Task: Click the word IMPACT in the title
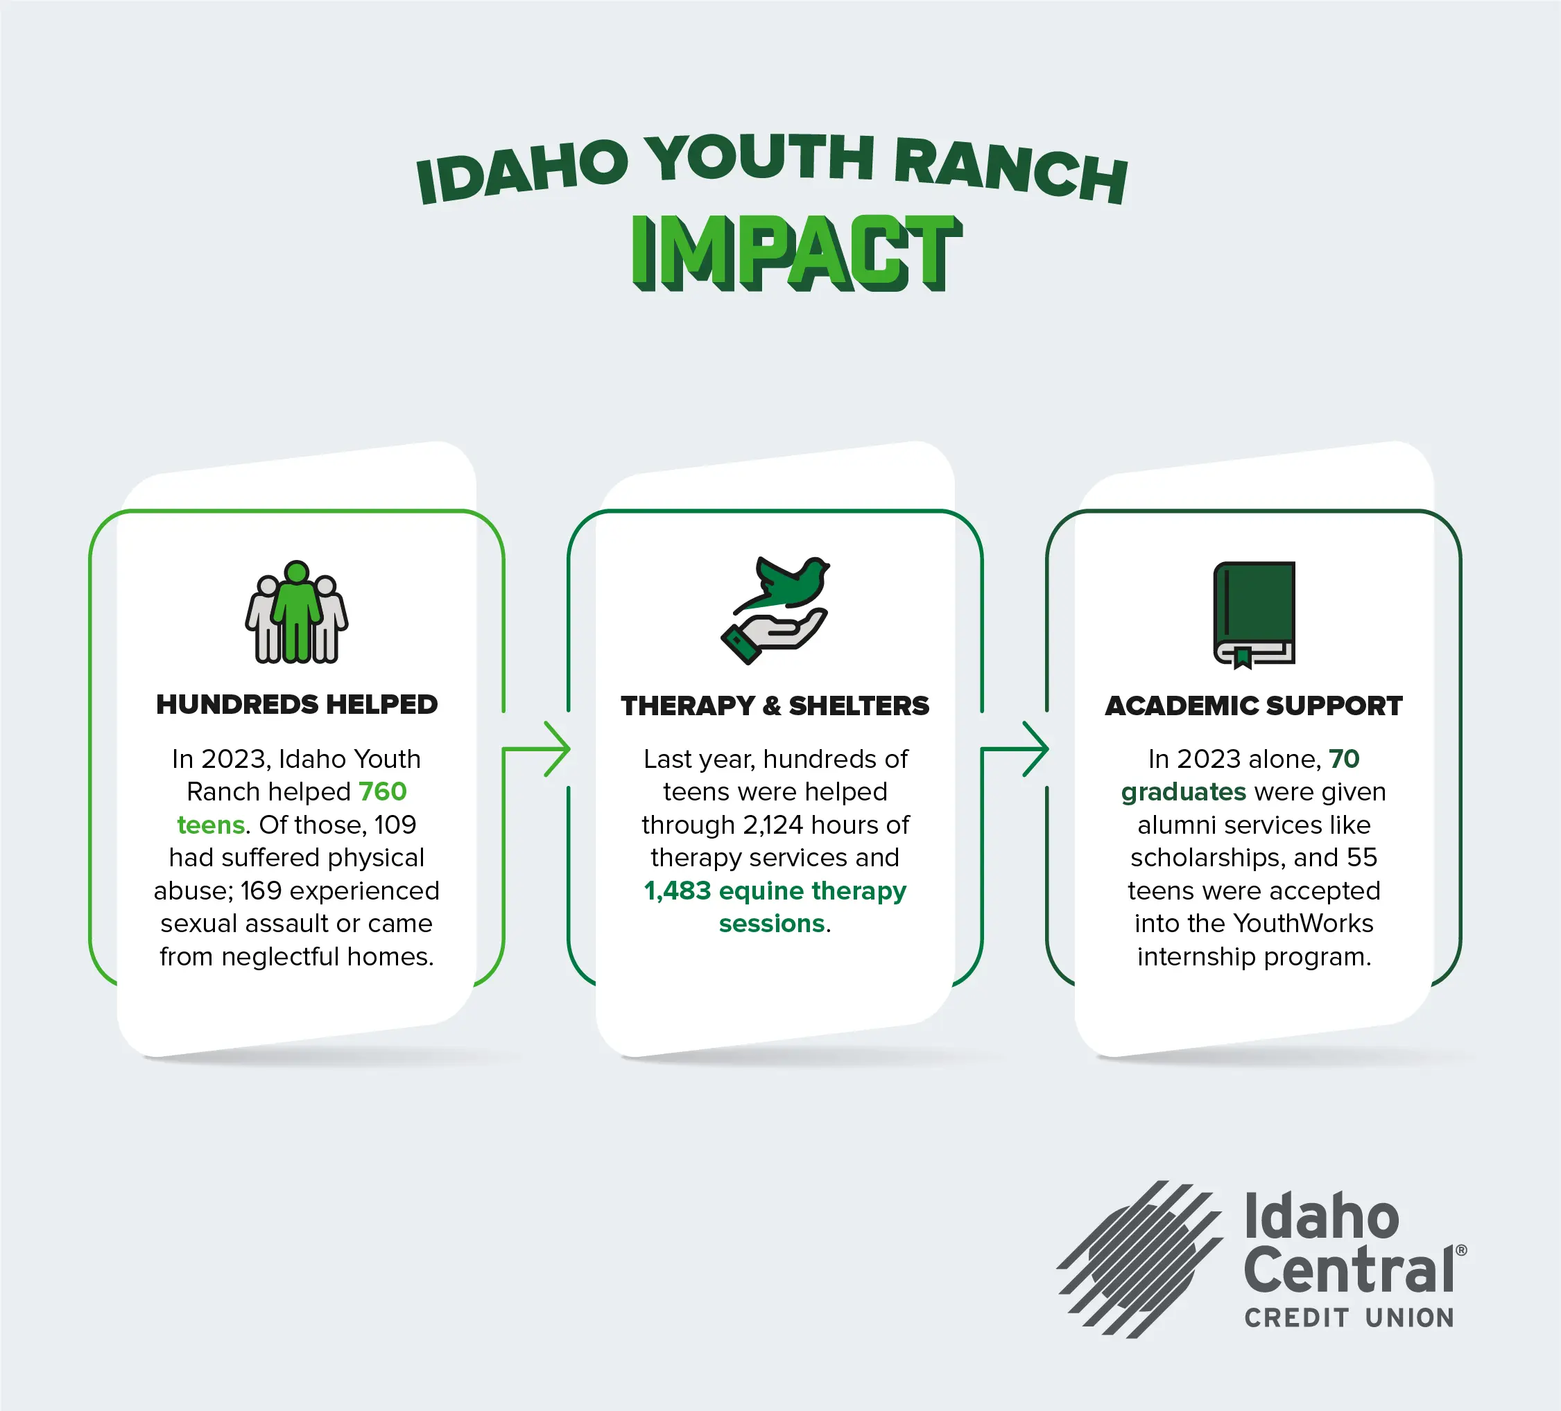797,253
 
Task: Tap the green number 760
383,791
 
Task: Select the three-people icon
297,611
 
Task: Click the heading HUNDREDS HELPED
297,704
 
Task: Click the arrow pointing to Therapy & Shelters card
537,748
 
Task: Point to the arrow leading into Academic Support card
1015,748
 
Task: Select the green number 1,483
678,891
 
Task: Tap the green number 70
1344,759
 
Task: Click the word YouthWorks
1303,923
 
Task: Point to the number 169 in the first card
261,891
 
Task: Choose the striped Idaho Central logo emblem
1139,1259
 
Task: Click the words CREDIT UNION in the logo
1349,1317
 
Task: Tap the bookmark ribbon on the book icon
1243,657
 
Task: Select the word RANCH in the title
1010,171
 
